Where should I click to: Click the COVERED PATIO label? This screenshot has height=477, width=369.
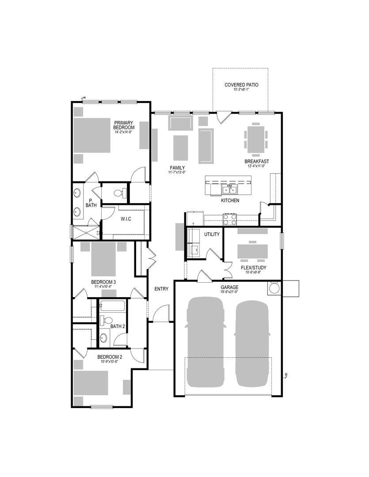point(241,85)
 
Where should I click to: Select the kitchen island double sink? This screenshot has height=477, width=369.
point(229,190)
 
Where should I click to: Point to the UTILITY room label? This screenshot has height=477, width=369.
point(212,234)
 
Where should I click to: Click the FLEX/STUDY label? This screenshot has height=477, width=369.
point(253,268)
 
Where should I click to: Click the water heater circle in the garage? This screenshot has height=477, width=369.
point(273,288)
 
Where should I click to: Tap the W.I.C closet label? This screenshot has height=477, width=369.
point(126,219)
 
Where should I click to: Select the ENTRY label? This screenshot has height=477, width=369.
point(161,289)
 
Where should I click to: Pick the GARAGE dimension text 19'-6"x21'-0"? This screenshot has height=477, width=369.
point(229,291)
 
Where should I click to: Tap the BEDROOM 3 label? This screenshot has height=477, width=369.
point(103,282)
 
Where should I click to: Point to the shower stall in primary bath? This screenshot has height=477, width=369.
point(87,233)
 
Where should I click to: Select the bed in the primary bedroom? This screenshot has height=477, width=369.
point(92,135)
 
